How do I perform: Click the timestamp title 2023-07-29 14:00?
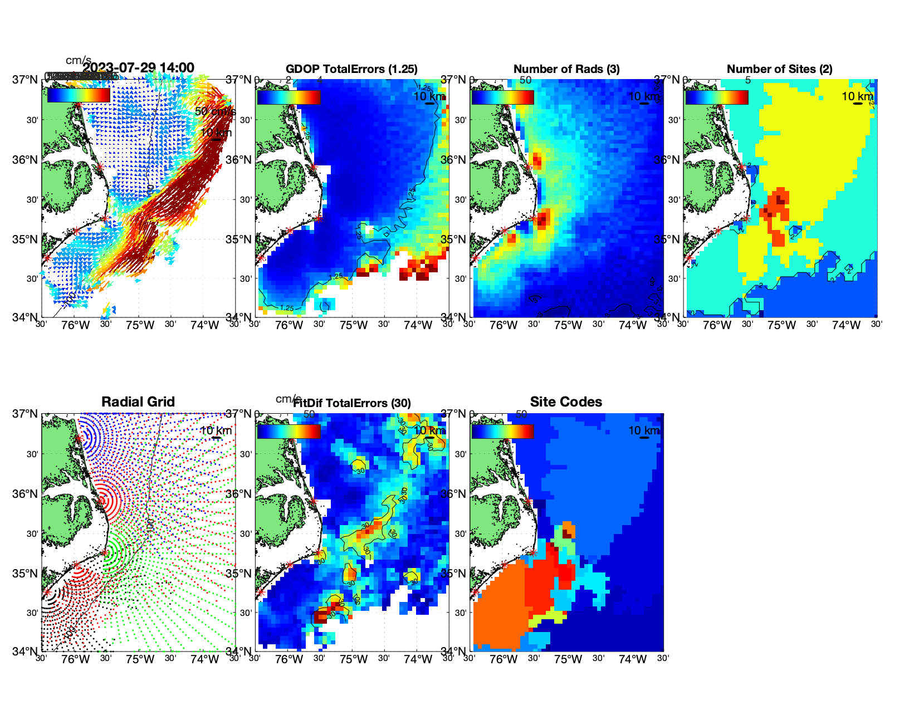(139, 68)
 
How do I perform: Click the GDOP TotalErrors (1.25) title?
(351, 69)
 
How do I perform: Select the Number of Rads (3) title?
(566, 69)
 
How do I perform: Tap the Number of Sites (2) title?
(779, 69)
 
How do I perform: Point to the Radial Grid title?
(138, 402)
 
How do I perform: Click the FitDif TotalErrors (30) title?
(352, 403)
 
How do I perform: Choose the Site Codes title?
(566, 402)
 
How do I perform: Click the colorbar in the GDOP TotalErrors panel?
(289, 97)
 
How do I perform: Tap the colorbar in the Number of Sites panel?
(717, 97)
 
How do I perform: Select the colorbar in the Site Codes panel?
(502, 431)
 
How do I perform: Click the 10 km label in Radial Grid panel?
(216, 430)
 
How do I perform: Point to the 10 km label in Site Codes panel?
(644, 430)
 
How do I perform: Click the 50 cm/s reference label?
(215, 111)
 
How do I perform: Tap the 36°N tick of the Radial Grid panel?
(25, 494)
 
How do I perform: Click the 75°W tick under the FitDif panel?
(354, 659)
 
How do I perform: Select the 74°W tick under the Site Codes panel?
(633, 659)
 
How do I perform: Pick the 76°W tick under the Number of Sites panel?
(717, 325)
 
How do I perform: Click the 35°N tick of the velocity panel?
(25, 239)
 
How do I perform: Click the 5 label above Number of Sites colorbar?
(747, 80)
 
